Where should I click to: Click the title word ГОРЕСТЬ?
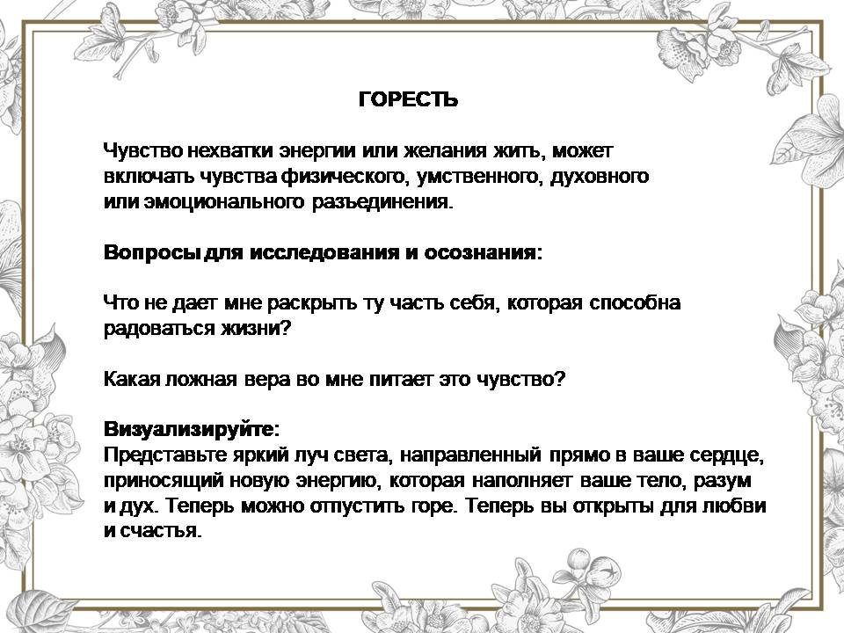408,99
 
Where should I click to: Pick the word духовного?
599,176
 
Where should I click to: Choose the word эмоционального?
224,202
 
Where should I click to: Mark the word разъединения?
380,202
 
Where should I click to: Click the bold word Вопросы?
150,252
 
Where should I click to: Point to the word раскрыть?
312,303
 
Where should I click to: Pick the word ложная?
201,380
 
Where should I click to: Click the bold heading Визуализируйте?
189,430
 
